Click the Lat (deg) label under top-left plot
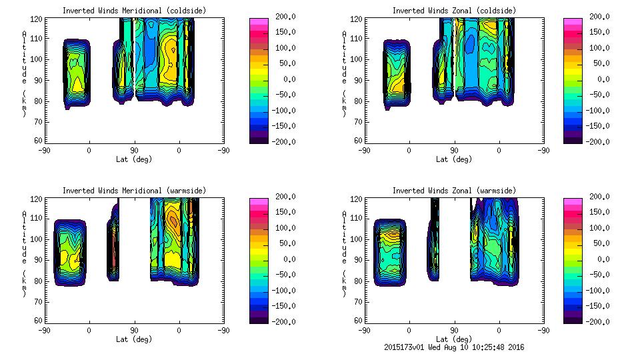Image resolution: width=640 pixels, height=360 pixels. coord(134,159)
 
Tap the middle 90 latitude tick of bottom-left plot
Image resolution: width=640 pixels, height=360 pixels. coord(134,330)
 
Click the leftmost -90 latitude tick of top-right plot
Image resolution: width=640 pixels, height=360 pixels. coord(364,150)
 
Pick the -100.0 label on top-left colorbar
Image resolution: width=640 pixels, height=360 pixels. coord(280,110)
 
